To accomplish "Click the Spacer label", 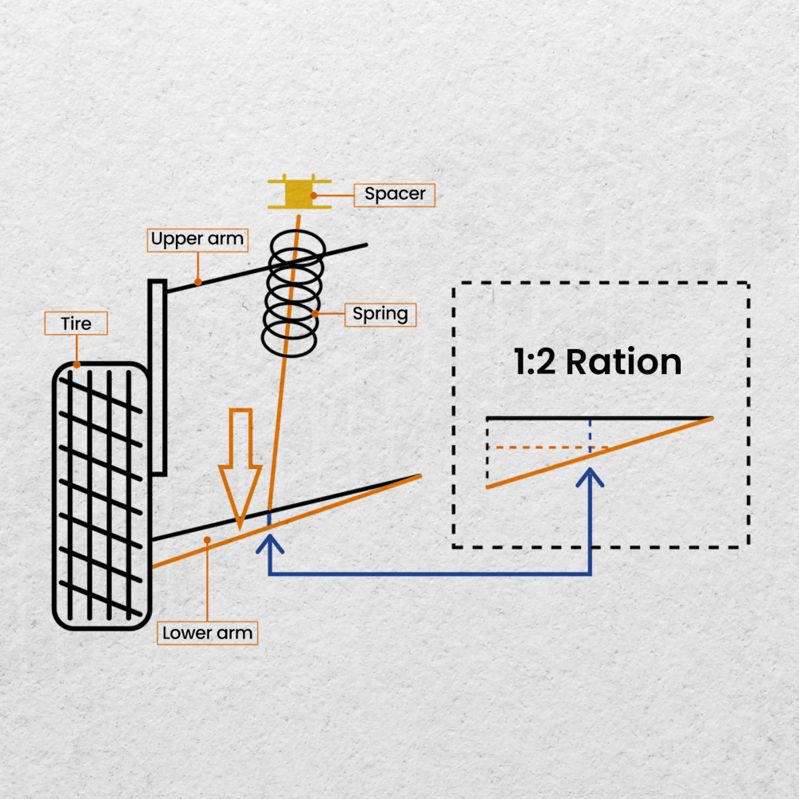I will click(395, 194).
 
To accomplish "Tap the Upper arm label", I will click(197, 239).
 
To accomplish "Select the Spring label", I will click(380, 314).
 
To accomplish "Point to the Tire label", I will click(76, 324).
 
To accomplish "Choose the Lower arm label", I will click(207, 634).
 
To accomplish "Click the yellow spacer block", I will click(300, 193).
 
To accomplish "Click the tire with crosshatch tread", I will click(101, 495).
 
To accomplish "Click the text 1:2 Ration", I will click(598, 362).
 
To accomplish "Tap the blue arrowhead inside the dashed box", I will click(590, 477).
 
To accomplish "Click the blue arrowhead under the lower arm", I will click(269, 545).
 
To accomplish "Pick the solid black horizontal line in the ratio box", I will click(599, 418).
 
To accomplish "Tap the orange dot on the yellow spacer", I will click(314, 194).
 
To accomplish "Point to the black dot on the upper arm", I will click(197, 281).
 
